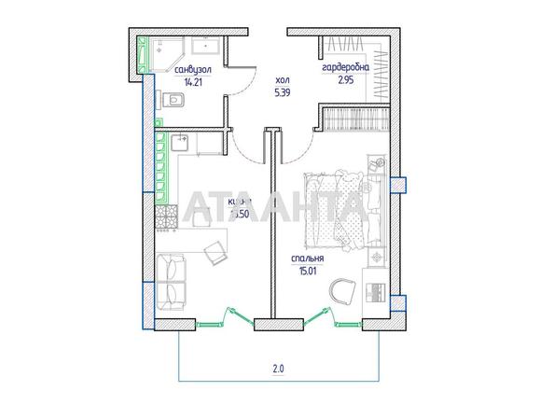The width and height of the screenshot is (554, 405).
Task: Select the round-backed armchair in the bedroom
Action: [339, 289]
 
